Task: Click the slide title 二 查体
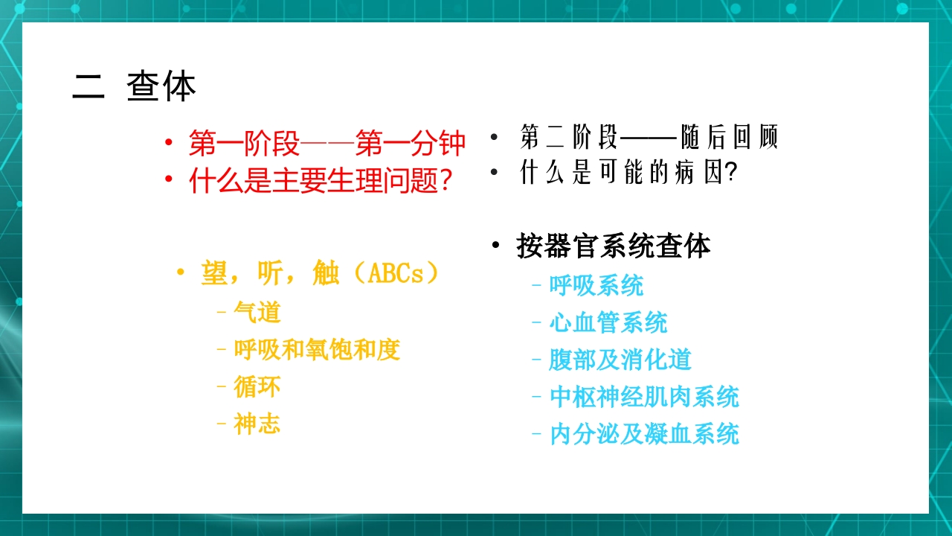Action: tap(135, 87)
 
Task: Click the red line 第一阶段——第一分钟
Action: tap(327, 143)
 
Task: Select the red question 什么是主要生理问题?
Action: tap(321, 180)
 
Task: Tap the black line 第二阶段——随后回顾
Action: tap(649, 138)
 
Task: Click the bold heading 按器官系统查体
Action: tap(614, 246)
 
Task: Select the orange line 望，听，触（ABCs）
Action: tap(320, 273)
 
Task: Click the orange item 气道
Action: tap(257, 312)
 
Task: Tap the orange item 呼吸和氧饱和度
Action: tap(317, 349)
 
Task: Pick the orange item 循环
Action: tap(257, 386)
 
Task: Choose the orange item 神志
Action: tap(257, 424)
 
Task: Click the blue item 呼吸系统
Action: tap(596, 285)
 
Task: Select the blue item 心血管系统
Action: tap(608, 322)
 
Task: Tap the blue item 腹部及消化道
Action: tap(620, 360)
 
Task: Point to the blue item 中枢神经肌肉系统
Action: tap(644, 397)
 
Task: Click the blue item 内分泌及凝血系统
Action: tap(644, 434)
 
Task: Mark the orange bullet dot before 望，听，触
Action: tap(180, 273)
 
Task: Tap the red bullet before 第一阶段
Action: tap(170, 143)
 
